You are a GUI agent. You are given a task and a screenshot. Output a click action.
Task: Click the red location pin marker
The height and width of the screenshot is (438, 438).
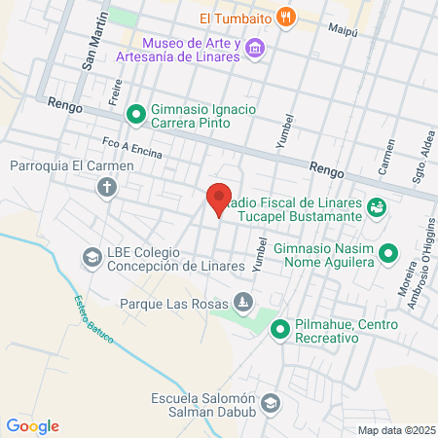pyautogui.click(x=219, y=199)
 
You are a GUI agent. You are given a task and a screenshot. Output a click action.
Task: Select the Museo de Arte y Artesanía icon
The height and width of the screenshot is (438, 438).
pyautogui.click(x=255, y=48)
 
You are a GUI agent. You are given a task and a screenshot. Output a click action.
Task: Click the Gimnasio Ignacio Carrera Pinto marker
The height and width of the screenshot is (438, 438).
pyautogui.click(x=135, y=115)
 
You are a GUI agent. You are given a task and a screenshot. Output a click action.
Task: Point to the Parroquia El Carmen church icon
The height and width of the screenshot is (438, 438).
pyautogui.click(x=105, y=185)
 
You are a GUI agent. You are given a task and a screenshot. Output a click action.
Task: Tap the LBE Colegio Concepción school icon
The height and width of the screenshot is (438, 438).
pyautogui.click(x=91, y=258)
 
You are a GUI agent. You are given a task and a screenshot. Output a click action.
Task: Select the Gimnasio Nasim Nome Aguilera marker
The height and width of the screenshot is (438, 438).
pyautogui.click(x=388, y=254)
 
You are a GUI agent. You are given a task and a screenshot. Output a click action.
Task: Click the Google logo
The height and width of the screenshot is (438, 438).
pyautogui.click(x=32, y=426)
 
